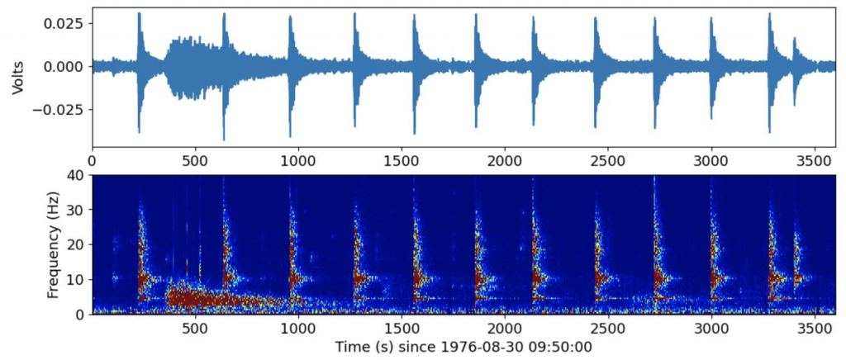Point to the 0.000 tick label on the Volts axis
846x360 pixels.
pos(65,66)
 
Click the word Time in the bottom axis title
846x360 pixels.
pos(350,347)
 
